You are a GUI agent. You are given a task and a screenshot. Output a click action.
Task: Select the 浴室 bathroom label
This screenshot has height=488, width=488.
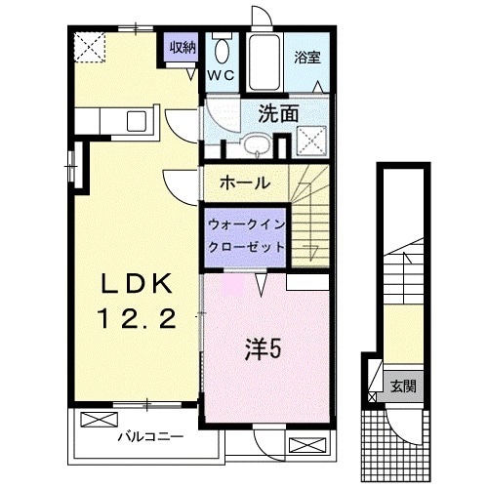pyautogui.click(x=307, y=57)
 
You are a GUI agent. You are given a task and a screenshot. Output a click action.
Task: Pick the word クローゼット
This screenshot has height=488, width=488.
pyautogui.click(x=246, y=247)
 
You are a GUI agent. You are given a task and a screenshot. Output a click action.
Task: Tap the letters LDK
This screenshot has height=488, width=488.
pyautogui.click(x=137, y=284)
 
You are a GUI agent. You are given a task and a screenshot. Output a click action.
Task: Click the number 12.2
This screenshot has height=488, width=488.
pyautogui.click(x=137, y=317)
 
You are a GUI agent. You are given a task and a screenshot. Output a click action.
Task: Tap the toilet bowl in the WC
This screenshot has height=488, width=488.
pyautogui.click(x=222, y=50)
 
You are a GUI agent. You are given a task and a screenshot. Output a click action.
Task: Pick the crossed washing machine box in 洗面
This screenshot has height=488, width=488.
pyautogui.click(x=311, y=141)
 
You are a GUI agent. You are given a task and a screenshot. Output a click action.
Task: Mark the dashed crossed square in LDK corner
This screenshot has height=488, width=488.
pyautogui.click(x=89, y=46)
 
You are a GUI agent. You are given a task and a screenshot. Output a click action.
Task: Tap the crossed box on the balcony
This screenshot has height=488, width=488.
pyautogui.click(x=98, y=421)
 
